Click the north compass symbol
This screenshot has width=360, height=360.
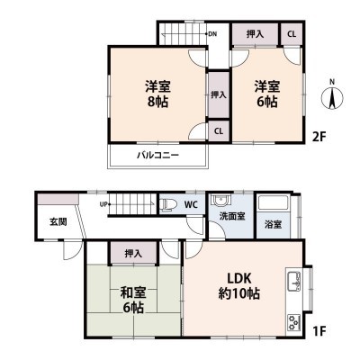332,95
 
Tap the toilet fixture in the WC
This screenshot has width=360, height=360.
166,204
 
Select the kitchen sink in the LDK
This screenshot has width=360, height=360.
294,282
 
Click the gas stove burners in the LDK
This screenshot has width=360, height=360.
294,322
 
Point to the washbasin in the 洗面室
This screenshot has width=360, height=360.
220,200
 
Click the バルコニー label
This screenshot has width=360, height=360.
158,155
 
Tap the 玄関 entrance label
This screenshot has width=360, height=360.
58,222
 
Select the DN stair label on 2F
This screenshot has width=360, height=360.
212,34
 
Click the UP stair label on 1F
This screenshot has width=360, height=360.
103,204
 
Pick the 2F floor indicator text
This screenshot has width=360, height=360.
319,137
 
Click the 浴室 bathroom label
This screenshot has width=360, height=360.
274,224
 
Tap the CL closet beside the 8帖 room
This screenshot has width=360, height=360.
219,131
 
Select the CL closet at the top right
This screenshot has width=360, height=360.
292,34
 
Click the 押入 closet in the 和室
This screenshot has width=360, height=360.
133,254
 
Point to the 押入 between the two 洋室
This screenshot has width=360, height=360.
219,95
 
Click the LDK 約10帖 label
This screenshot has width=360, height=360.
238,286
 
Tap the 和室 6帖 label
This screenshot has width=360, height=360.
133,300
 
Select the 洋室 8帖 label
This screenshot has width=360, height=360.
158,94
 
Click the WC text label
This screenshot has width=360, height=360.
192,205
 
